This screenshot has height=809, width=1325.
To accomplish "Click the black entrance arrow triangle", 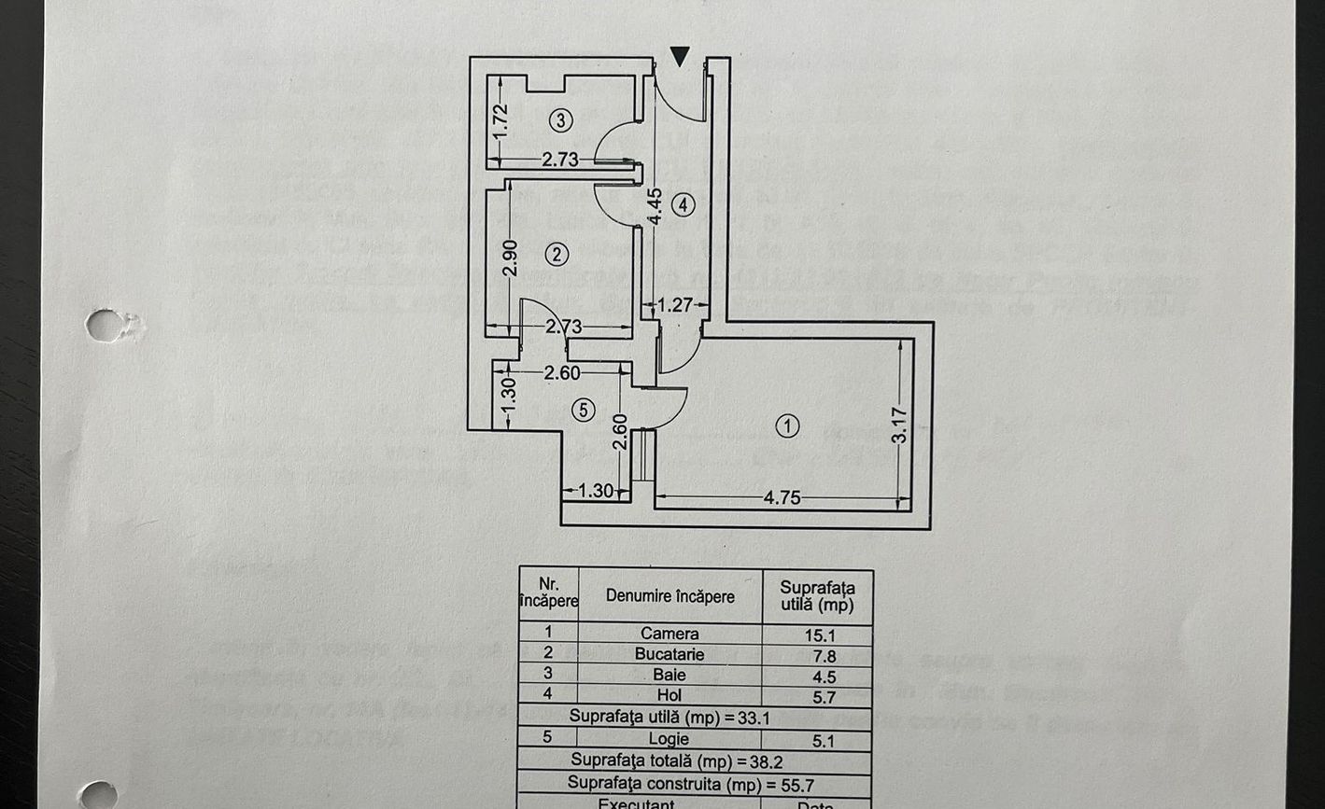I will click(x=681, y=57).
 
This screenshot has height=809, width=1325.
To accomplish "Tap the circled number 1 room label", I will click(x=788, y=426).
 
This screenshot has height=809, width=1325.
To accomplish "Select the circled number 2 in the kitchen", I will click(x=557, y=254).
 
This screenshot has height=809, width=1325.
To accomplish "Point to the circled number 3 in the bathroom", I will click(x=560, y=120).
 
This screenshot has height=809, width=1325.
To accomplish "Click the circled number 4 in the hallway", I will click(x=684, y=204).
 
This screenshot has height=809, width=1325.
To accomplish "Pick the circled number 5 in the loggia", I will click(x=584, y=410).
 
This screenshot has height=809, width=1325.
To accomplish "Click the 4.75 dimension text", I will click(x=782, y=498).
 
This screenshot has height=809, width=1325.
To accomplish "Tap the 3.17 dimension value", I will click(x=898, y=425).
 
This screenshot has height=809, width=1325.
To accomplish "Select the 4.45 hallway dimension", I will click(x=655, y=206).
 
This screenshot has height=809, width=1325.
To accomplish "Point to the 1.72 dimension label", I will click(x=500, y=121).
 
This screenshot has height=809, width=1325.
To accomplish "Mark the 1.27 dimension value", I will click(x=676, y=305).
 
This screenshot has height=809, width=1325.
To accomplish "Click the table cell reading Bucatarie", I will click(x=670, y=655).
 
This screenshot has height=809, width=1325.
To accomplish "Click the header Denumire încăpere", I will click(x=670, y=596).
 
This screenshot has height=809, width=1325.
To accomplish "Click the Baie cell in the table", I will click(x=670, y=675).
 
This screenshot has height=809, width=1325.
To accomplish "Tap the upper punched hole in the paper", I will click(x=106, y=326).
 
